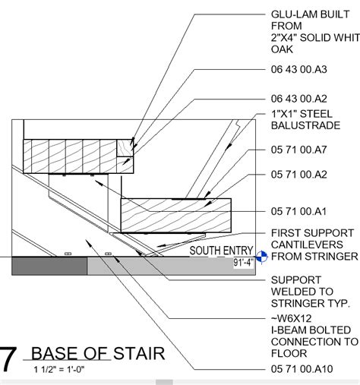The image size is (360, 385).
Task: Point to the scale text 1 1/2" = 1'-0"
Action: tap(58, 370)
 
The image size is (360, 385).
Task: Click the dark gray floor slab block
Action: tap(50, 266)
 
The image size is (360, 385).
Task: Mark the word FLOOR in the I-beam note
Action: tap(289, 353)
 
